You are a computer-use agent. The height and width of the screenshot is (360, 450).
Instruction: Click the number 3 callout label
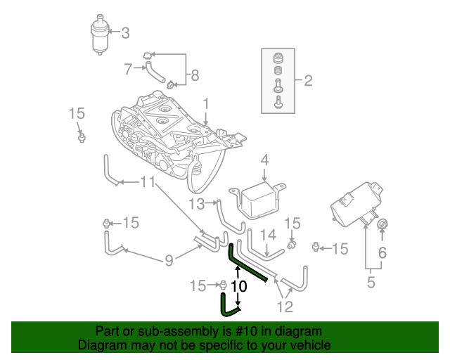tap(126, 32)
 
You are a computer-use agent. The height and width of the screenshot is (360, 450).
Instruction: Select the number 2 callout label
tap(307, 80)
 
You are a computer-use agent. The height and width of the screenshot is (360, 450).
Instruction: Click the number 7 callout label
tap(128, 69)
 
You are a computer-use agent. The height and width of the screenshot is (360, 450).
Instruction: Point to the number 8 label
tap(195, 75)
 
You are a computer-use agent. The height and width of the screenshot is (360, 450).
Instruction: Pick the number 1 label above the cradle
tap(206, 105)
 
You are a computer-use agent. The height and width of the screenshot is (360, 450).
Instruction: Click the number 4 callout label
tap(264, 161)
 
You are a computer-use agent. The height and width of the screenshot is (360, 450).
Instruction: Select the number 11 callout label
tap(147, 182)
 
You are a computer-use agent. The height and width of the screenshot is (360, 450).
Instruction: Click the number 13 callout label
tap(196, 204)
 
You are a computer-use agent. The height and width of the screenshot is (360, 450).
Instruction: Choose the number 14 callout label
tap(269, 234)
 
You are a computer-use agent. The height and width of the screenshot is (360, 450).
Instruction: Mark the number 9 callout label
tap(169, 261)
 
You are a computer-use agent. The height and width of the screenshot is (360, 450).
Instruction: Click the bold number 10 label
tap(239, 286)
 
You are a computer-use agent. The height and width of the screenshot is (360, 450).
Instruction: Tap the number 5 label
tap(371, 283)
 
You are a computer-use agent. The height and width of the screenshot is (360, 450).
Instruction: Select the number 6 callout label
tap(382, 252)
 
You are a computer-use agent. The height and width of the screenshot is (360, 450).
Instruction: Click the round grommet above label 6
tap(383, 225)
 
